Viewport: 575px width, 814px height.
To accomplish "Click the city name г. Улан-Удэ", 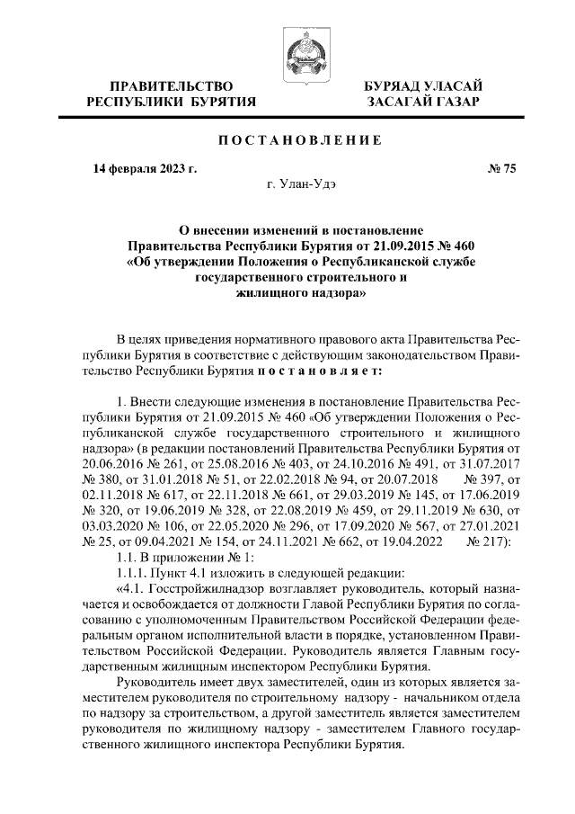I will [300, 184].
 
